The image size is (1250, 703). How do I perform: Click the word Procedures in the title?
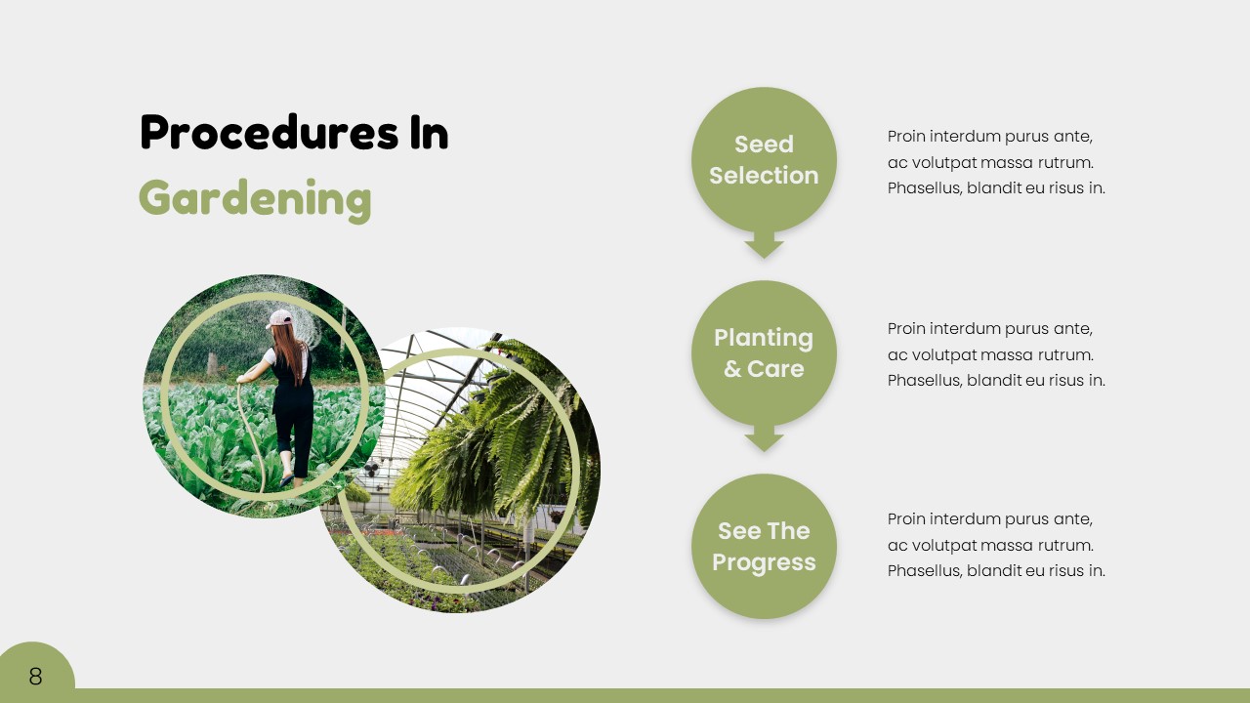[270, 132]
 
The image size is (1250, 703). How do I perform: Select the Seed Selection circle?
[764, 159]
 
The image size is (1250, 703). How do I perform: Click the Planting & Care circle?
[764, 352]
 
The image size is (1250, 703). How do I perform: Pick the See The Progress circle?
[764, 546]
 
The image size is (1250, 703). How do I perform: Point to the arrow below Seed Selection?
[764, 244]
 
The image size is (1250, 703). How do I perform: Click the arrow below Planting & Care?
[764, 438]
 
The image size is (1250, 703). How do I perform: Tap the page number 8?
[35, 677]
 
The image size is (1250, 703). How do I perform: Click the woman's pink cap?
[279, 318]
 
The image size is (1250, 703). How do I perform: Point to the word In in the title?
[429, 132]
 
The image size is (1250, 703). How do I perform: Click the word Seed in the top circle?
[764, 144]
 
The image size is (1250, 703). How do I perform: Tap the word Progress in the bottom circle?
[764, 562]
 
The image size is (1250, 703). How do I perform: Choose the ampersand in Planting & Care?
[732, 369]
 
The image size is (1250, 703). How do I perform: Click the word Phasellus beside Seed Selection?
[925, 188]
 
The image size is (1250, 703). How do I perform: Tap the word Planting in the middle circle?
[764, 339]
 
